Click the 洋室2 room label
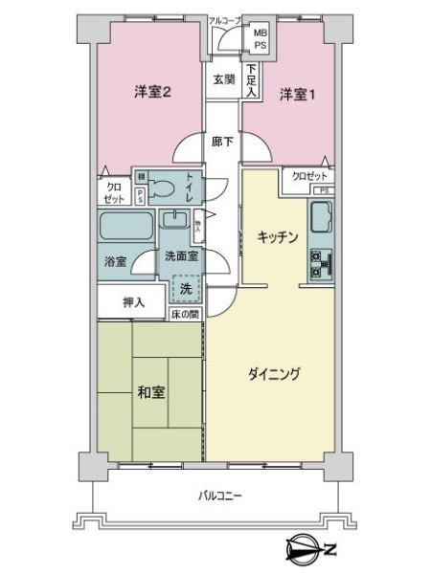click(153, 93)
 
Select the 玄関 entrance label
click(223, 79)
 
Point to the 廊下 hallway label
click(223, 140)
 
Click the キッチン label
click(278, 236)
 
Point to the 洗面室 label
click(180, 256)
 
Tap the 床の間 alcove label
click(186, 314)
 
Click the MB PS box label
click(261, 39)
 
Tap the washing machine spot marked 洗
click(187, 288)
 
